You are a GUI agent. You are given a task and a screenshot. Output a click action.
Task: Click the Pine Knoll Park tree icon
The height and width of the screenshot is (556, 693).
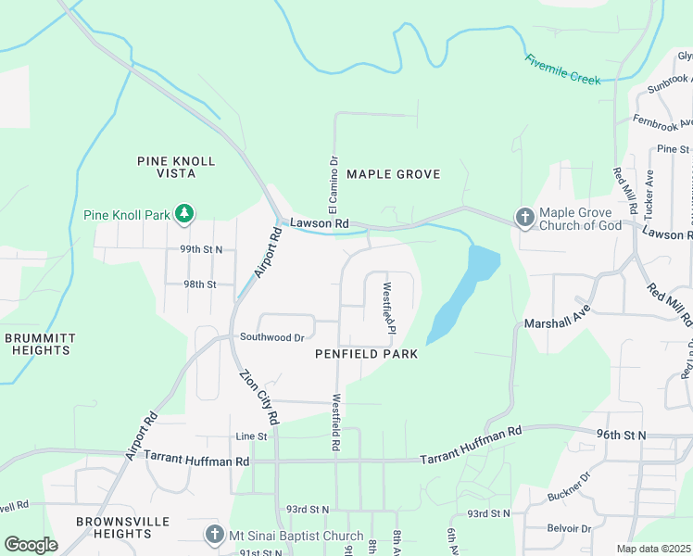click(x=184, y=215)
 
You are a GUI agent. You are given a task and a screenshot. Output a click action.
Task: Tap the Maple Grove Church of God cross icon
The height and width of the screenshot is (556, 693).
click(x=524, y=218)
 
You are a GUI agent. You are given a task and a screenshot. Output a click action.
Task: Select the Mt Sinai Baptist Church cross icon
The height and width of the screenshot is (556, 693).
click(x=214, y=536)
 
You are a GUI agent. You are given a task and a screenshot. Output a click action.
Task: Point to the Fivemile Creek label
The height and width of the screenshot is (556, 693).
click(x=562, y=69)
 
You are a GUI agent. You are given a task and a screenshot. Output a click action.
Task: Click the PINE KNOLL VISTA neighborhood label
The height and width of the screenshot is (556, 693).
click(x=176, y=167)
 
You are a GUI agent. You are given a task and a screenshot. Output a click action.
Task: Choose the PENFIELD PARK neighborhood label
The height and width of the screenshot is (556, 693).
click(x=366, y=354)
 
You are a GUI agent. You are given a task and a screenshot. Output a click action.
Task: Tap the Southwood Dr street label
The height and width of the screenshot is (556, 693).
click(x=271, y=337)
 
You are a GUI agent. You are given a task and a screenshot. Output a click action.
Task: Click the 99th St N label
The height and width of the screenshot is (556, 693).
click(x=202, y=249)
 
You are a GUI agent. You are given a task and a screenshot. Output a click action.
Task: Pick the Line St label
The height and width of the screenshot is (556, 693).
click(x=251, y=436)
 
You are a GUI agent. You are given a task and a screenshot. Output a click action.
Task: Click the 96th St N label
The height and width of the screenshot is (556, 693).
click(x=621, y=434)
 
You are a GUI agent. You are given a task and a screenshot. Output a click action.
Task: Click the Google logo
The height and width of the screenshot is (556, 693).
click(x=31, y=545)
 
